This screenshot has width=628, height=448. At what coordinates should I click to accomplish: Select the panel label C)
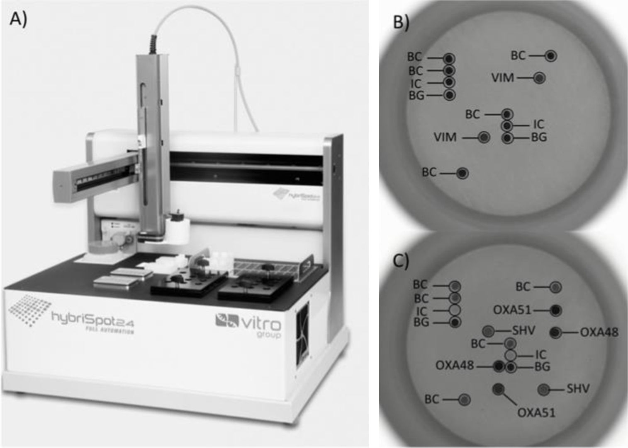click(401, 261)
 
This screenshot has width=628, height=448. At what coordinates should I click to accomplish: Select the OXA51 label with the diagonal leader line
click(536, 412)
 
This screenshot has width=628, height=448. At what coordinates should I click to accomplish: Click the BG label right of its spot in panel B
click(539, 137)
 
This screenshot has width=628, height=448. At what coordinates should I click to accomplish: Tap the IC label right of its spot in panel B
click(538, 124)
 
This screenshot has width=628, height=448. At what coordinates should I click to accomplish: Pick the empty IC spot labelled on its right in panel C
click(511, 355)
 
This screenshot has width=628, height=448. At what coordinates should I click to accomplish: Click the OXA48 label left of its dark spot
click(455, 366)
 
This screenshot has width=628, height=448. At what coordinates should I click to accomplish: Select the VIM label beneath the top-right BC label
click(502, 77)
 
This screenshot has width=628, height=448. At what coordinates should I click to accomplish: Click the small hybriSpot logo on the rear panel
click(298, 194)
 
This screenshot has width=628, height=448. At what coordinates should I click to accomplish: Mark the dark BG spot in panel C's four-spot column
click(455, 322)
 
